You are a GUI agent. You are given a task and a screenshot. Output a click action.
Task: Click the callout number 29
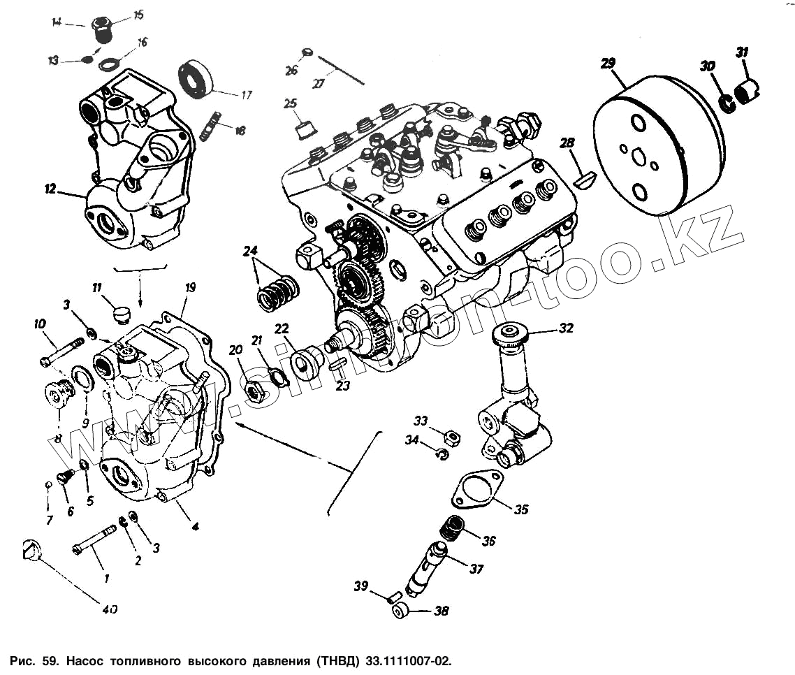(608, 64)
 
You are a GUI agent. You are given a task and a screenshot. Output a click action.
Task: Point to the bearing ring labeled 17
(197, 76)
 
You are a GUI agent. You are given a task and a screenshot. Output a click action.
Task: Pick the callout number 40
(108, 609)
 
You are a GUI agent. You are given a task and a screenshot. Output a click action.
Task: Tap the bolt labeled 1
(95, 539)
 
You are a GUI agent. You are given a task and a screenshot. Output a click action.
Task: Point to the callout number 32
(566, 327)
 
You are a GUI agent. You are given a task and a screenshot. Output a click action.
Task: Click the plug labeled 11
(123, 310)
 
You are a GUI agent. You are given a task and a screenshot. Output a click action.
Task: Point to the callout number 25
(290, 104)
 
